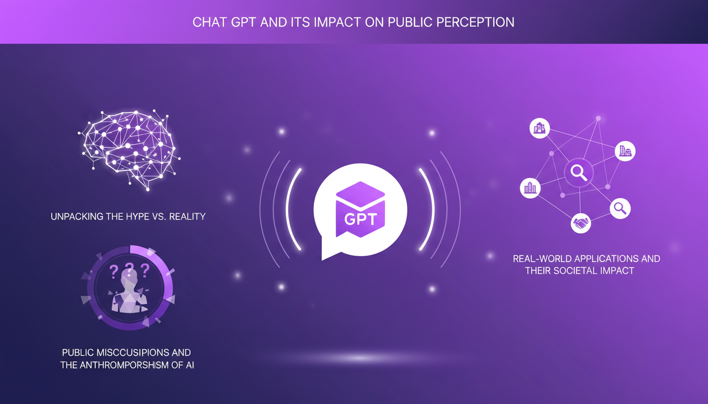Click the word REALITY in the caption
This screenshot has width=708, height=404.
click(188, 216)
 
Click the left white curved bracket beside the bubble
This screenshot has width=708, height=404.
click(291, 209)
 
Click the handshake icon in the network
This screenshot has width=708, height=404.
click(581, 224)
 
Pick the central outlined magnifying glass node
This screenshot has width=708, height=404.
click(579, 173)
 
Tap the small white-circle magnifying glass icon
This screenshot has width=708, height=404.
click(620, 208)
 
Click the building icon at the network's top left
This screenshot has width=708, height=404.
click(539, 128)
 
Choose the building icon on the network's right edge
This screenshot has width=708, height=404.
click(625, 151)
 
